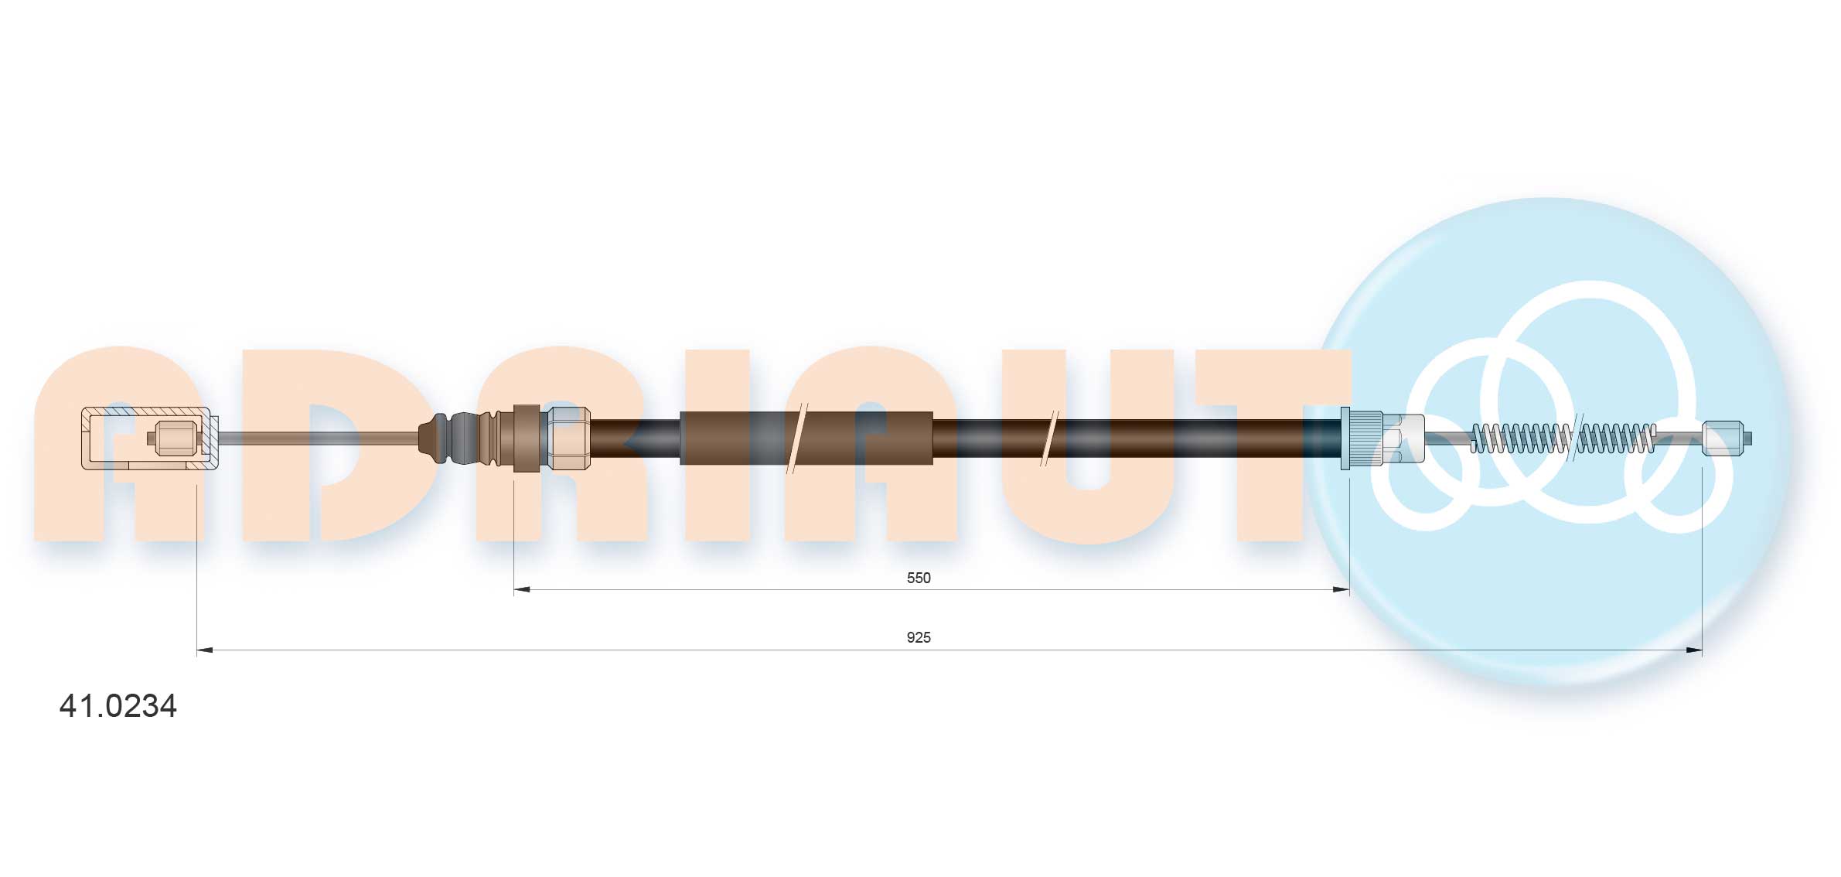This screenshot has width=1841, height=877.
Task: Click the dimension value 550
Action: point(919,578)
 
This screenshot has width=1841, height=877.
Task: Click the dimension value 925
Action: point(919,637)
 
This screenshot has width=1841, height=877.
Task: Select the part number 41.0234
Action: point(118,705)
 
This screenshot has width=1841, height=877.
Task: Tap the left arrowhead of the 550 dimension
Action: point(522,590)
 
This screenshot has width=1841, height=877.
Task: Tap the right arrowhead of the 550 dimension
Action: point(1342,590)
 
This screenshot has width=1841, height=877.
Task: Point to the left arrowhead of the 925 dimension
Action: point(205,650)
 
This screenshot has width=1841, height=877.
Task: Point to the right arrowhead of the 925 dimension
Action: point(1694,650)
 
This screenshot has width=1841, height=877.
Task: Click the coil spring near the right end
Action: point(1563,438)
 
